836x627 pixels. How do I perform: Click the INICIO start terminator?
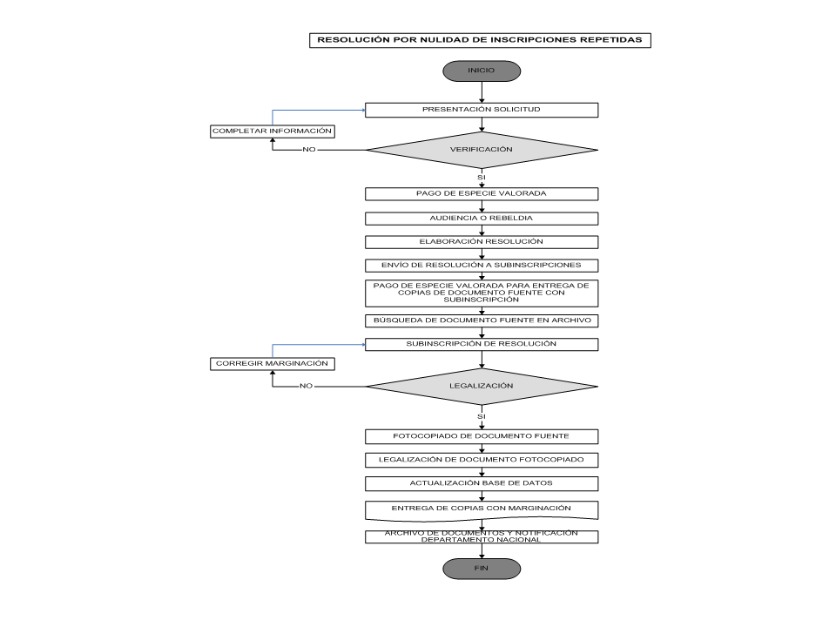(482, 71)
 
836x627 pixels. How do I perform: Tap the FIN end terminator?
(482, 569)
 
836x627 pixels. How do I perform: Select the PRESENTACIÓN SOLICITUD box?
(482, 110)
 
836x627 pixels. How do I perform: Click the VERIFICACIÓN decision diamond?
(482, 150)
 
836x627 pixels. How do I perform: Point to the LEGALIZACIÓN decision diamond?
(482, 386)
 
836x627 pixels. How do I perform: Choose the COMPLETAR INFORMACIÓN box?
(273, 131)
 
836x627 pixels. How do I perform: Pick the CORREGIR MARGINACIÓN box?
(273, 364)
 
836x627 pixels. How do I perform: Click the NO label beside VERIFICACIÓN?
(309, 150)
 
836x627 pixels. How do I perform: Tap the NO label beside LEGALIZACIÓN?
(306, 386)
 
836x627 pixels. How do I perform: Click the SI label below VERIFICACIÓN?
(482, 177)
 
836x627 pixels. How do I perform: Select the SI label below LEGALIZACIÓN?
(482, 416)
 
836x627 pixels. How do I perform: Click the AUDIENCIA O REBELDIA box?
(482, 219)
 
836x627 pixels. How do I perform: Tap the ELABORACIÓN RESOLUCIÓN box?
(482, 242)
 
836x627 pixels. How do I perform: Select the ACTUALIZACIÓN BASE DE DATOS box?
(482, 483)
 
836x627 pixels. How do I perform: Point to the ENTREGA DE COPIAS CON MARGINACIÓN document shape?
(482, 510)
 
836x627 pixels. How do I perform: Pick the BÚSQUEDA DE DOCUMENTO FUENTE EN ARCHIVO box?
(482, 321)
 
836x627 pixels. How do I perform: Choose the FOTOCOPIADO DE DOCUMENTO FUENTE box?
(482, 436)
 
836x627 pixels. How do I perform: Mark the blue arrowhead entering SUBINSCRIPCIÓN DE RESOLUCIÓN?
(364, 345)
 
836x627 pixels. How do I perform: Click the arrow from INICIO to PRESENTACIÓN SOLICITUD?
(482, 92)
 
